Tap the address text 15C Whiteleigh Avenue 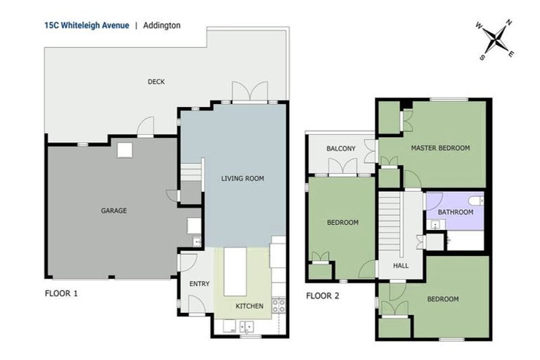pyautogui.click(x=86, y=25)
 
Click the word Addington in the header pyautogui.click(x=161, y=25)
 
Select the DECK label pyautogui.click(x=156, y=82)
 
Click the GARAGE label pyautogui.click(x=113, y=210)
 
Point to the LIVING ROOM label pyautogui.click(x=243, y=179)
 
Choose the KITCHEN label pyautogui.click(x=249, y=306)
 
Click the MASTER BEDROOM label pyautogui.click(x=440, y=148)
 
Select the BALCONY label pyautogui.click(x=341, y=148)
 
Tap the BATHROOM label pyautogui.click(x=455, y=212)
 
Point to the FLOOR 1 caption pyautogui.click(x=61, y=293)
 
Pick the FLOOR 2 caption pyautogui.click(x=323, y=295)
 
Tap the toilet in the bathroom pyautogui.click(x=475, y=201)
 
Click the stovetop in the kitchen pyautogui.click(x=278, y=305)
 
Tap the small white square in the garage pyautogui.click(x=125, y=149)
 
